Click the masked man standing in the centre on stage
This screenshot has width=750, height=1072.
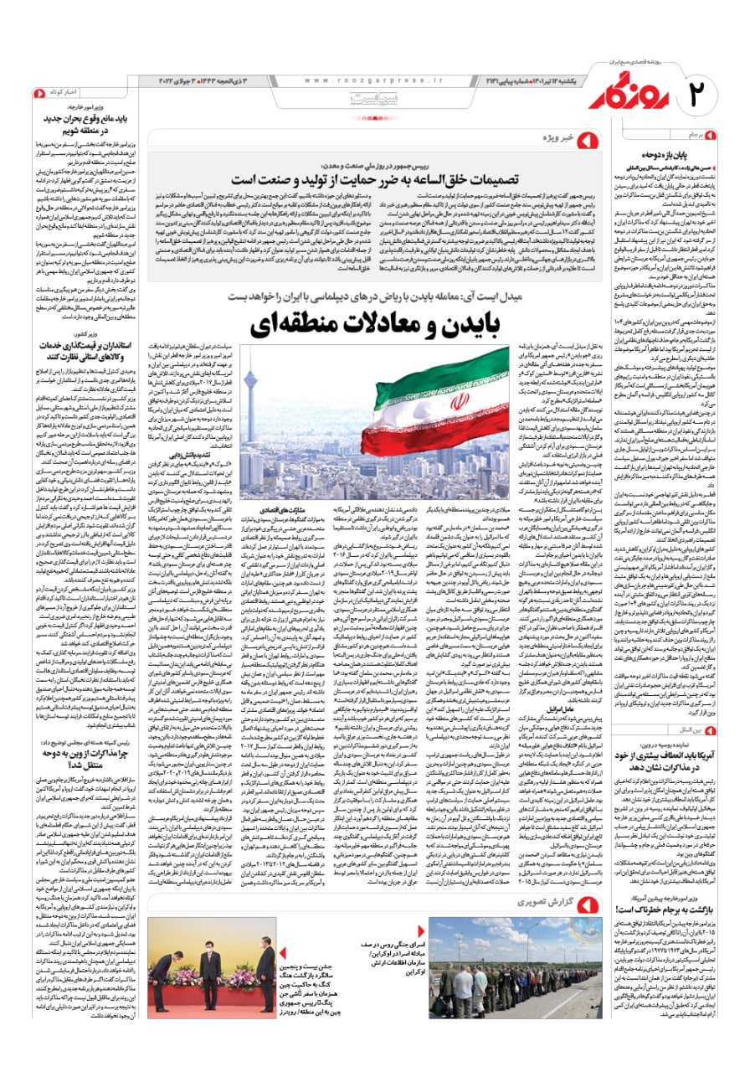pos(208,971)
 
